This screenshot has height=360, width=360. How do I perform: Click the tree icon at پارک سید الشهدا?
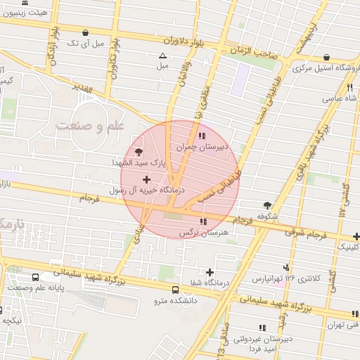pos(138,150)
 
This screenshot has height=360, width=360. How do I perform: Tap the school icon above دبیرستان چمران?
pos(202,135)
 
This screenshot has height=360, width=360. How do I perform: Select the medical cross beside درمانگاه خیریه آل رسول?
pos(146,179)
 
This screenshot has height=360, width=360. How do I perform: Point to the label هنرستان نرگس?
pos(195,232)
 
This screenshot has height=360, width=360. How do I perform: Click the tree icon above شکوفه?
pos(266,204)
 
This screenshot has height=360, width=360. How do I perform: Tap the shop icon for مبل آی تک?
pos(86,32)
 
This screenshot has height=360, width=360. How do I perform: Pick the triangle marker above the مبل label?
pos(163,56)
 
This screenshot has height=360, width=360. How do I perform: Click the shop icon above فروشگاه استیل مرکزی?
pos(326,57)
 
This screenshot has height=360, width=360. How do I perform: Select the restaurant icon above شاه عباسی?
pos(349,87)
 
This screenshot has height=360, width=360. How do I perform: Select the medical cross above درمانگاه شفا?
pos(210,272)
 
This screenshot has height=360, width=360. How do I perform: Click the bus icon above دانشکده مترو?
pos(175,289)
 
